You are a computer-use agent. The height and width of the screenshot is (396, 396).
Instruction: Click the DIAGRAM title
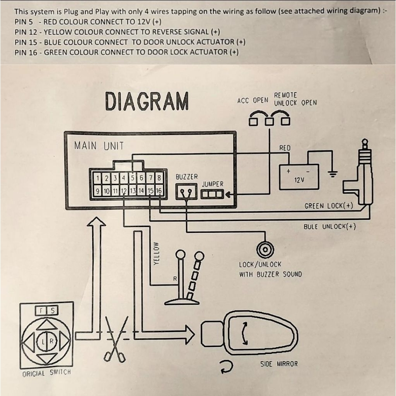[x=147, y=101]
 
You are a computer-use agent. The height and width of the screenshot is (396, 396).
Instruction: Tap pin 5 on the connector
[x=133, y=178]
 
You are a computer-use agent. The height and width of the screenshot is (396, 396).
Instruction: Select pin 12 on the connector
[x=124, y=191]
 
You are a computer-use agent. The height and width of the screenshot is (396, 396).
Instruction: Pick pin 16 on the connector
[x=159, y=191]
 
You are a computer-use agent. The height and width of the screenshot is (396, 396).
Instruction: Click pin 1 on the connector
[x=98, y=178]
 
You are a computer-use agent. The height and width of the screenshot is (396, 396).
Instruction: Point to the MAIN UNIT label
[x=99, y=146]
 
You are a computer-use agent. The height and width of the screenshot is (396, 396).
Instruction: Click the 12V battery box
[x=299, y=177]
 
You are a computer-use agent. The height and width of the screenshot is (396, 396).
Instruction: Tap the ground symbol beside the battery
[x=332, y=174]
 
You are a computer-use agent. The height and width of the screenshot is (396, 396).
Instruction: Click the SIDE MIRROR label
[x=279, y=364]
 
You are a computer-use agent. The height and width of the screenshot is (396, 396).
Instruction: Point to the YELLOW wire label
[x=156, y=254]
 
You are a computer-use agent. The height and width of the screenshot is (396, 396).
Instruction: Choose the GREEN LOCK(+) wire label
[x=329, y=206]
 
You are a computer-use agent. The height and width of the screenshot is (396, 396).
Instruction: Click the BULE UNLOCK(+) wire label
[x=329, y=226]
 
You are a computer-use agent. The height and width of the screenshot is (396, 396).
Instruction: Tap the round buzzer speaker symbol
[x=265, y=250]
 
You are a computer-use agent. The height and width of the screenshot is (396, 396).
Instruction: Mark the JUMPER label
[x=212, y=184]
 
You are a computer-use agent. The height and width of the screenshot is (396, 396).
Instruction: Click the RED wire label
[x=285, y=148]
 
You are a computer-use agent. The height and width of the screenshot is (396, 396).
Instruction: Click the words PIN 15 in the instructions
[x=26, y=42]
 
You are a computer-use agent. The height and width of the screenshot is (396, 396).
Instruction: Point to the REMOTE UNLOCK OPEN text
[x=295, y=99]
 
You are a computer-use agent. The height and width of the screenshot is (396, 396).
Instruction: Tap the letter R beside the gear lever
[x=175, y=279]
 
